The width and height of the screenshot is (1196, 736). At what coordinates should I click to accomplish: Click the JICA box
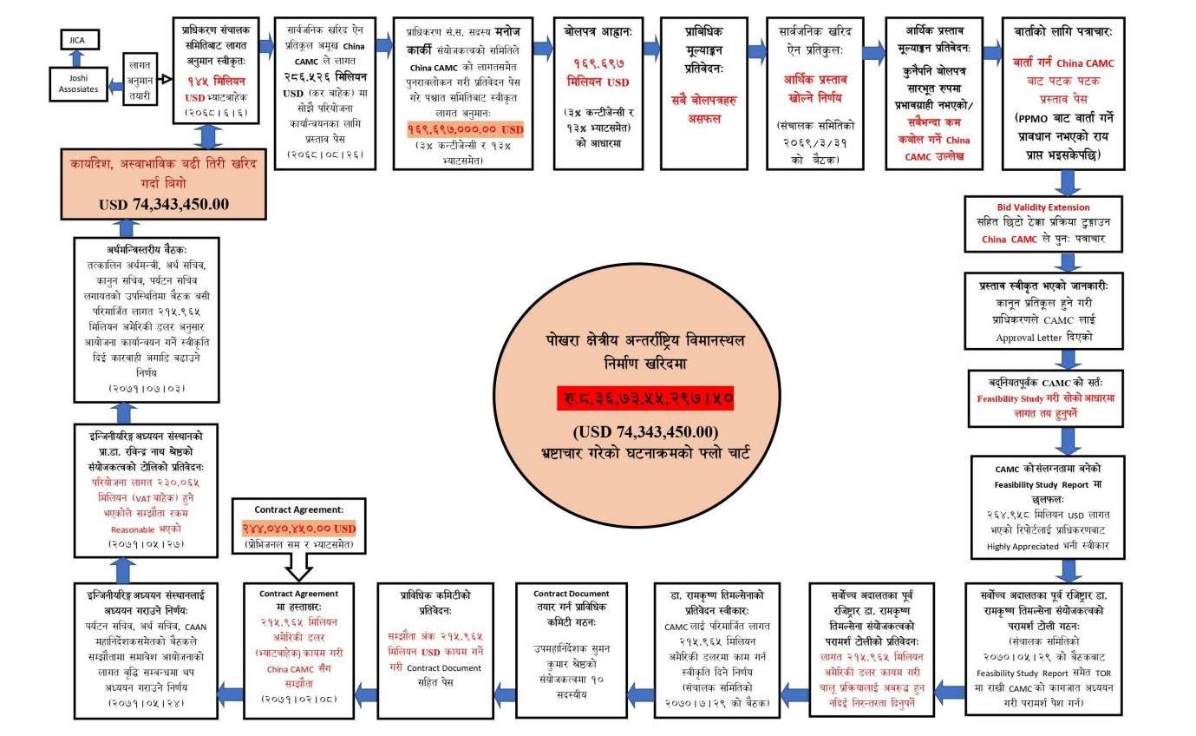79,39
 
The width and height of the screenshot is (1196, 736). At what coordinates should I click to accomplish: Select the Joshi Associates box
79,82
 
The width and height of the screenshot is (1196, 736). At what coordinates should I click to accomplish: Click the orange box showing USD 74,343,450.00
164,183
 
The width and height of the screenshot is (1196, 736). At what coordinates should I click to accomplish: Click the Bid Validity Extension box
1069,224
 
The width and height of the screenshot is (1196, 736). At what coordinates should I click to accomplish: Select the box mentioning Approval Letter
1069,310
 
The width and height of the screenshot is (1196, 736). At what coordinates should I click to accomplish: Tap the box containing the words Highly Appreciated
1069,506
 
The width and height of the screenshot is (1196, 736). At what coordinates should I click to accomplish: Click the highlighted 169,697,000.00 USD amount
466,128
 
